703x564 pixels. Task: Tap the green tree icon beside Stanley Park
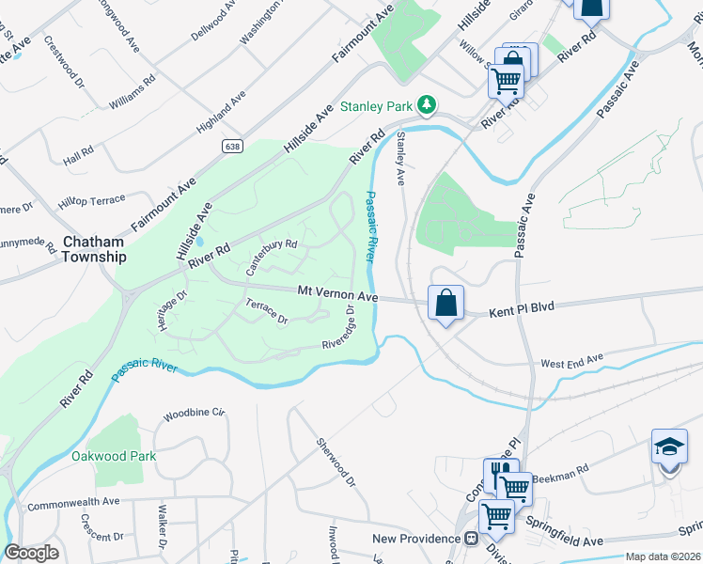(428, 103)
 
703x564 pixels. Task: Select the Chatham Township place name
(94, 249)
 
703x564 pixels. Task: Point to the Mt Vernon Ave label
(338, 295)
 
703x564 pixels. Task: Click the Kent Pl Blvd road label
(523, 307)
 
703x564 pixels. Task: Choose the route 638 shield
(231, 146)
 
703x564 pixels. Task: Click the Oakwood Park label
(114, 456)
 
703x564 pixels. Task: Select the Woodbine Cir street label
(195, 413)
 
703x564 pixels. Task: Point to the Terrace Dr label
(266, 311)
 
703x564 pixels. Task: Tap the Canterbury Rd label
(272, 255)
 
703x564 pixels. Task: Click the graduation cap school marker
(668, 446)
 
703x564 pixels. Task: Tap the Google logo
(32, 553)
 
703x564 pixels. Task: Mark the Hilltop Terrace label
(91, 201)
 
